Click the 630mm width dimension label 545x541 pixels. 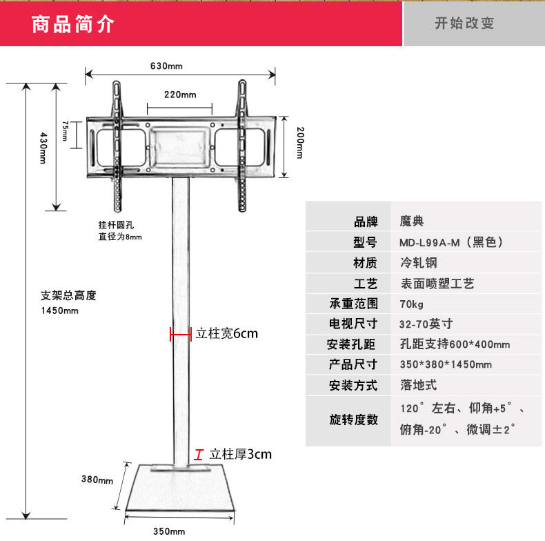tap(166, 66)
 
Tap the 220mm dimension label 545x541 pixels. tap(180, 95)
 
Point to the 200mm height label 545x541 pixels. tap(299, 143)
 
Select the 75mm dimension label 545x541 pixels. tap(64, 130)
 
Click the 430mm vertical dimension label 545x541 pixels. tap(42, 148)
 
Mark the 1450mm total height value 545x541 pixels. tap(60, 311)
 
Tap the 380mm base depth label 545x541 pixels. tap(97, 480)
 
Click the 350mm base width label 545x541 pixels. tap(169, 531)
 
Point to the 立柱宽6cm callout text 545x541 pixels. tap(226, 334)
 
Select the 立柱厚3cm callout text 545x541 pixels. tap(241, 454)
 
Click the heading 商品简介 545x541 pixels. tap(73, 24)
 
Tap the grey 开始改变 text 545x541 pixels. tap(464, 23)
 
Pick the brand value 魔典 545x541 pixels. tap(412, 222)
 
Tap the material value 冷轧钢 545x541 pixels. tap(418, 263)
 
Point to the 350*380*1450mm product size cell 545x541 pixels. tap(446, 364)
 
